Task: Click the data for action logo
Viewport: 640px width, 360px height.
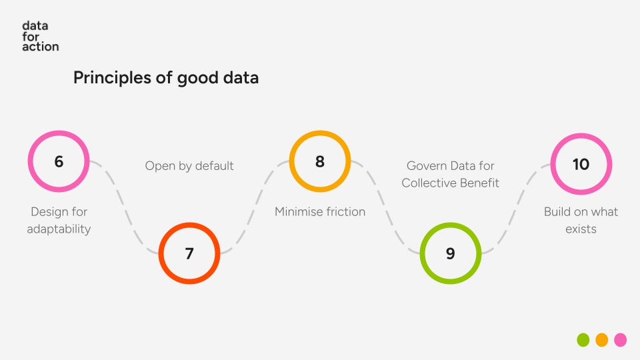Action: click(40, 36)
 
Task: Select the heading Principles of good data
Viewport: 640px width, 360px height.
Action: click(165, 78)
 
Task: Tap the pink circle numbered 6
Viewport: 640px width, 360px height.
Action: click(59, 161)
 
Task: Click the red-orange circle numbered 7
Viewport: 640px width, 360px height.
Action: click(189, 253)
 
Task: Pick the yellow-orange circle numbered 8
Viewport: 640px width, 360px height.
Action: click(320, 161)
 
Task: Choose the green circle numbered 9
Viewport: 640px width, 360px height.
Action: click(451, 253)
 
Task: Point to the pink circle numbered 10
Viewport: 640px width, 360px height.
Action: click(581, 164)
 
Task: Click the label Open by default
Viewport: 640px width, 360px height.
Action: click(189, 166)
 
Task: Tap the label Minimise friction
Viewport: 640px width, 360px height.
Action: click(320, 212)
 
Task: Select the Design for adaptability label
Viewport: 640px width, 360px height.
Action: click(59, 220)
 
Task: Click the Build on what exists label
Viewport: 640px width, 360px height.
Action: click(581, 220)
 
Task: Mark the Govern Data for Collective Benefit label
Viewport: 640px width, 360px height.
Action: click(451, 174)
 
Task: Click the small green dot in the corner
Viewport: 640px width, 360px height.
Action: click(583, 340)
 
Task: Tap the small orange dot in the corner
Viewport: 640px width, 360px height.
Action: click(602, 340)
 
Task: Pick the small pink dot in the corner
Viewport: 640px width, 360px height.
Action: click(621, 340)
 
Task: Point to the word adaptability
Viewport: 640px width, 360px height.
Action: click(59, 229)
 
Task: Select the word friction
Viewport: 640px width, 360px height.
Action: click(343, 212)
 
